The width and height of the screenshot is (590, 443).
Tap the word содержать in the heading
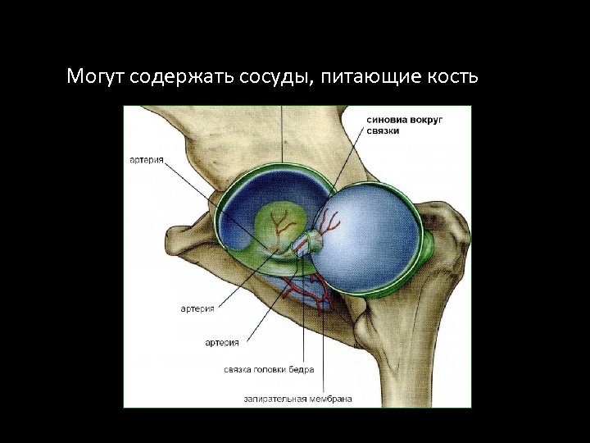[183, 78]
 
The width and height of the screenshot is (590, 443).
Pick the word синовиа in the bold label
[389, 120]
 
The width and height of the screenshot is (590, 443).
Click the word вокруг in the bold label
[429, 120]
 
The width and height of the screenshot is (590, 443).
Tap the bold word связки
[383, 131]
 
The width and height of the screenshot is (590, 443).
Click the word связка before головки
[238, 370]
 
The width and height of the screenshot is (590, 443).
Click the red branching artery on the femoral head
[329, 222]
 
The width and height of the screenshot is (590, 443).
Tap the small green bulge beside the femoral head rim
[429, 244]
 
